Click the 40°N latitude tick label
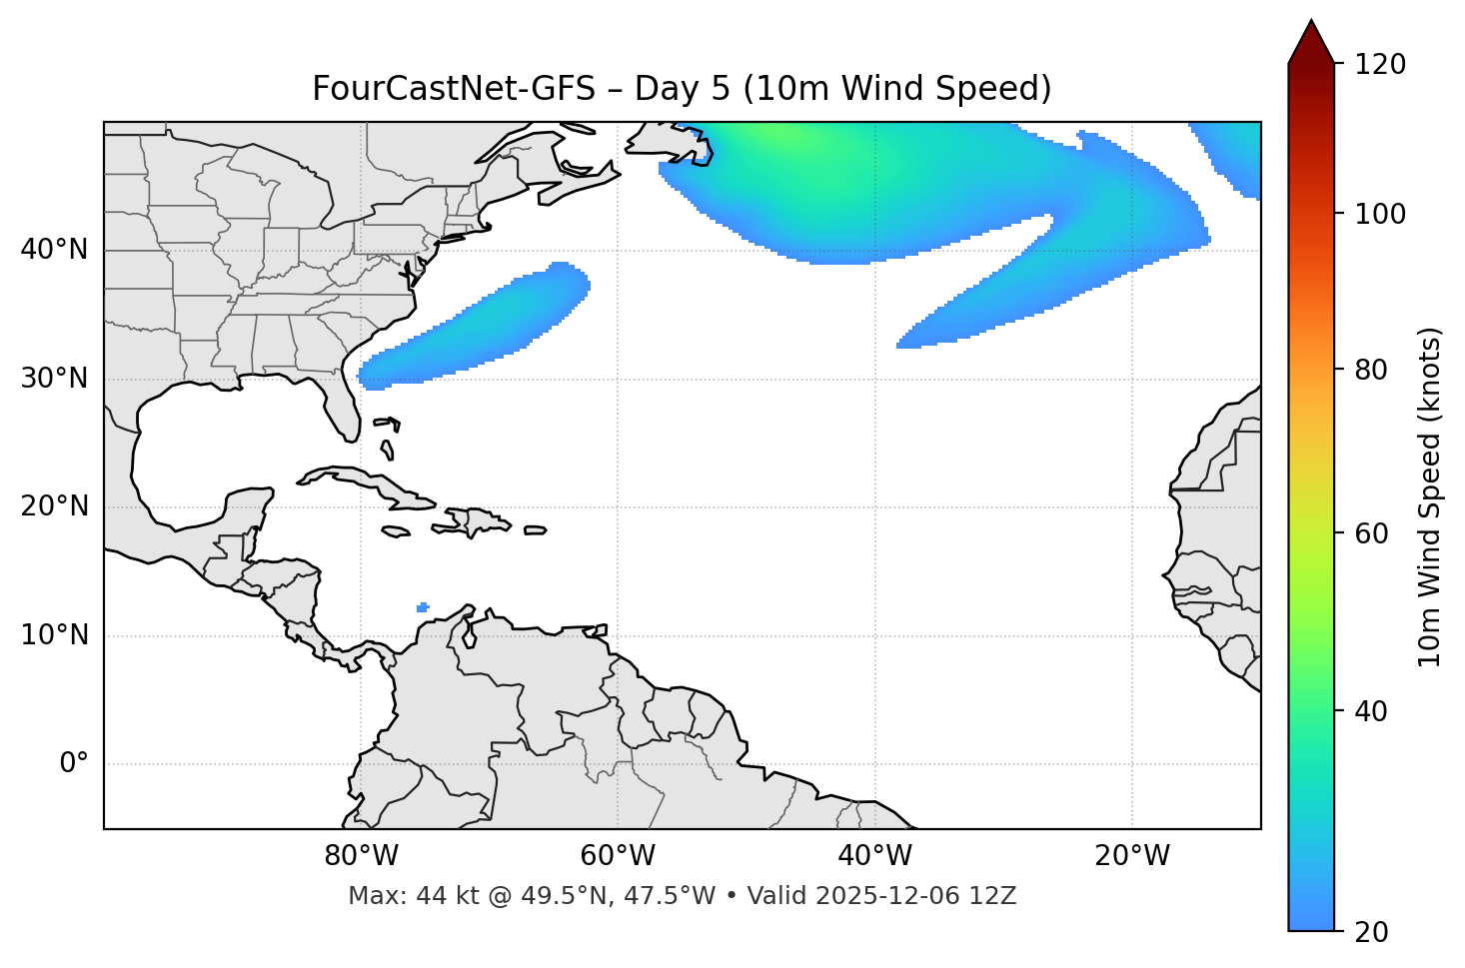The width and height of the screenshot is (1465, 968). pyautogui.click(x=54, y=250)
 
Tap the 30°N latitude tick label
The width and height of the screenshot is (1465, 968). pyautogui.click(x=54, y=379)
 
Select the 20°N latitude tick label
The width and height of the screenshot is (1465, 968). pyautogui.click(x=54, y=506)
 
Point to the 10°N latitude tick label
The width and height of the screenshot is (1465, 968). pyautogui.click(x=54, y=635)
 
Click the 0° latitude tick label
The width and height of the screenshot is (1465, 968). pyautogui.click(x=74, y=764)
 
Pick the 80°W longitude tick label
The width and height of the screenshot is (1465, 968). pyautogui.click(x=361, y=856)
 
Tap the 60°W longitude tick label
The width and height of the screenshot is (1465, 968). pyautogui.click(x=618, y=856)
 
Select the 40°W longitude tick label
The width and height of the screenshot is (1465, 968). pyautogui.click(x=874, y=856)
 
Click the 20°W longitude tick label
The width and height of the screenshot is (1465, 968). pyautogui.click(x=1132, y=856)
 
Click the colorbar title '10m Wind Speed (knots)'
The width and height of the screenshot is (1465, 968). pyautogui.click(x=1430, y=497)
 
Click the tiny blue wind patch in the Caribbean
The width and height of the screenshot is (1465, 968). pyautogui.click(x=423, y=606)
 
